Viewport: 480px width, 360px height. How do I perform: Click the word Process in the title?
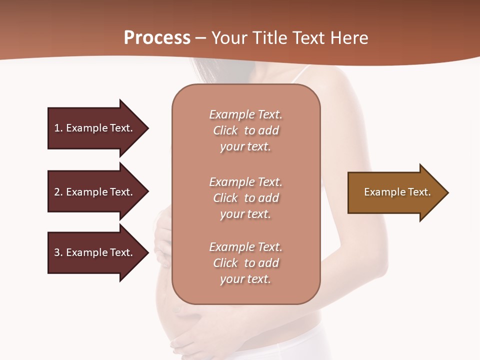click(x=157, y=38)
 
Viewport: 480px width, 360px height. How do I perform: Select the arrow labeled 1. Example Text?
click(x=95, y=128)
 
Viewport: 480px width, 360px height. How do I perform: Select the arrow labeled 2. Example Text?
click(x=95, y=192)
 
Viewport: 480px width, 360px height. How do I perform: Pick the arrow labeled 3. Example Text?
click(x=95, y=252)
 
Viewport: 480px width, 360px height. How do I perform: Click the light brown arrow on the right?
click(x=395, y=192)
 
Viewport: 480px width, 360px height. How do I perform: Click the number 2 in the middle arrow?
click(x=57, y=192)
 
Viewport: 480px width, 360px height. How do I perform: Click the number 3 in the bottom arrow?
click(x=57, y=252)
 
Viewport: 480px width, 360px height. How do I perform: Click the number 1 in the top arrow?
click(x=56, y=128)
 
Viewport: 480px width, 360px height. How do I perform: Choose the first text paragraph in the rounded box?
click(x=245, y=130)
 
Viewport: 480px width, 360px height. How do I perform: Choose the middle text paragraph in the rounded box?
click(x=245, y=198)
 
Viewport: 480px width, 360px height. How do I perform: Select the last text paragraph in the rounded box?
click(x=245, y=263)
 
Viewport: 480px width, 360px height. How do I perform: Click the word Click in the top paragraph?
click(x=225, y=130)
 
